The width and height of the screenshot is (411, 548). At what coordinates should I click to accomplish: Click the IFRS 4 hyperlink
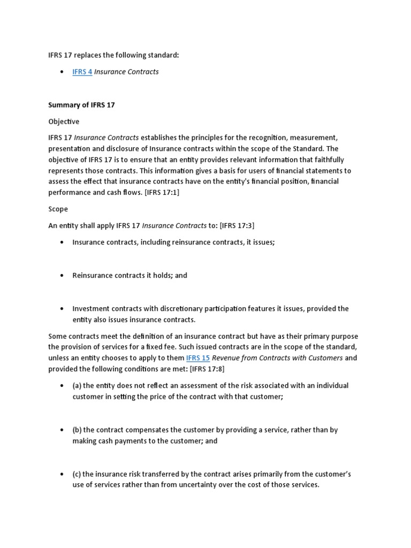pyautogui.click(x=82, y=72)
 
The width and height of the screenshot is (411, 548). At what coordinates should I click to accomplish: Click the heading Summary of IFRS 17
pyautogui.click(x=81, y=105)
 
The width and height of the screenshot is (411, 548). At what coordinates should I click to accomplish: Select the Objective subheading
pyautogui.click(x=64, y=121)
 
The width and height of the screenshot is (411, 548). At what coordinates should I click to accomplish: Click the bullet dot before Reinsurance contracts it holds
pyautogui.click(x=62, y=276)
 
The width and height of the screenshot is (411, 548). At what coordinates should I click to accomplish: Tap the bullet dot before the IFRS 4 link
pyautogui.click(x=62, y=72)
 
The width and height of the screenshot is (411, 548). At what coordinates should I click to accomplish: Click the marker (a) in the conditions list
pyautogui.click(x=77, y=386)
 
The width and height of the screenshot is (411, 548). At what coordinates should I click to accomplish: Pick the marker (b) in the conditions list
pyautogui.click(x=77, y=430)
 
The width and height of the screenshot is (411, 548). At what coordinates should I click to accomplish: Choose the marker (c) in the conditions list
pyautogui.click(x=77, y=474)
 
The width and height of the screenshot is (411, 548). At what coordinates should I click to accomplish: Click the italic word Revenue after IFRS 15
pyautogui.click(x=227, y=358)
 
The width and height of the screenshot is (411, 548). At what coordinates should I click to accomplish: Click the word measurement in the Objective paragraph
pyautogui.click(x=312, y=138)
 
